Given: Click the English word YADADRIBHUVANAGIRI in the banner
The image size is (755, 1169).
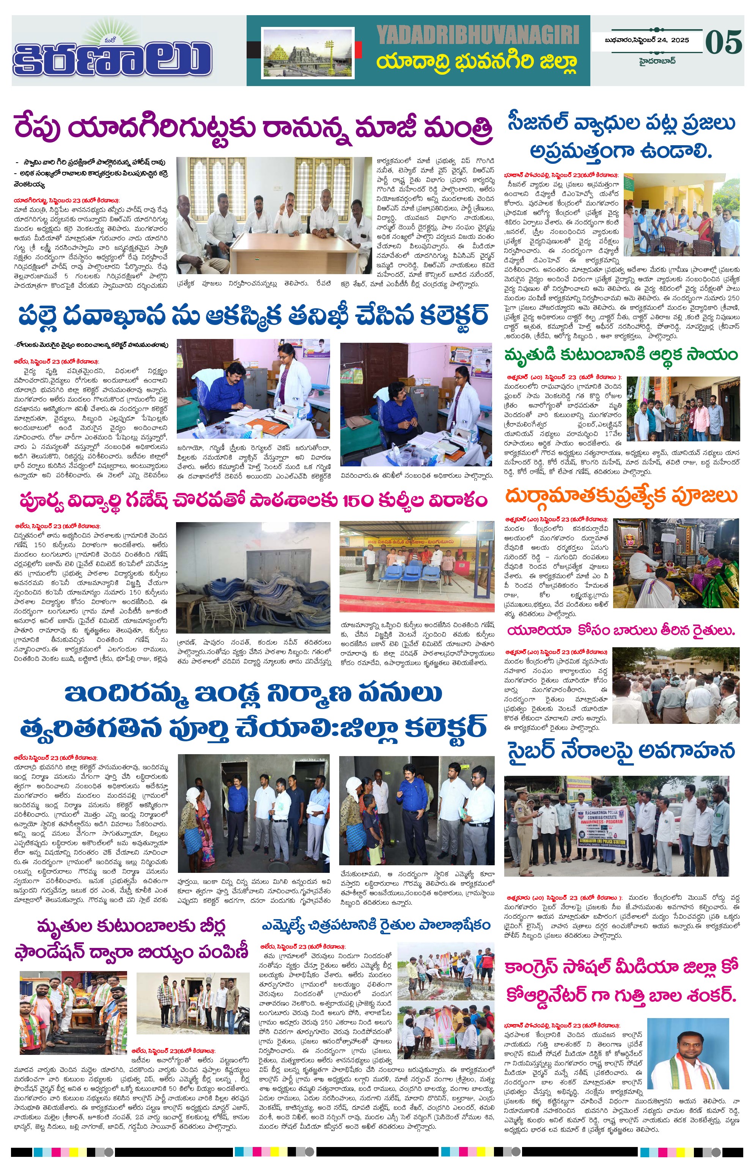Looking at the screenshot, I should tap(478, 35).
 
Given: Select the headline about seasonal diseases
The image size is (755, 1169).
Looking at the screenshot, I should tap(621, 138).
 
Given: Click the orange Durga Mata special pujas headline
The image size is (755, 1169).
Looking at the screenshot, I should tap(621, 496).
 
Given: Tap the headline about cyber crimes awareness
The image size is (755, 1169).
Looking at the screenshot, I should tap(621, 751).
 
